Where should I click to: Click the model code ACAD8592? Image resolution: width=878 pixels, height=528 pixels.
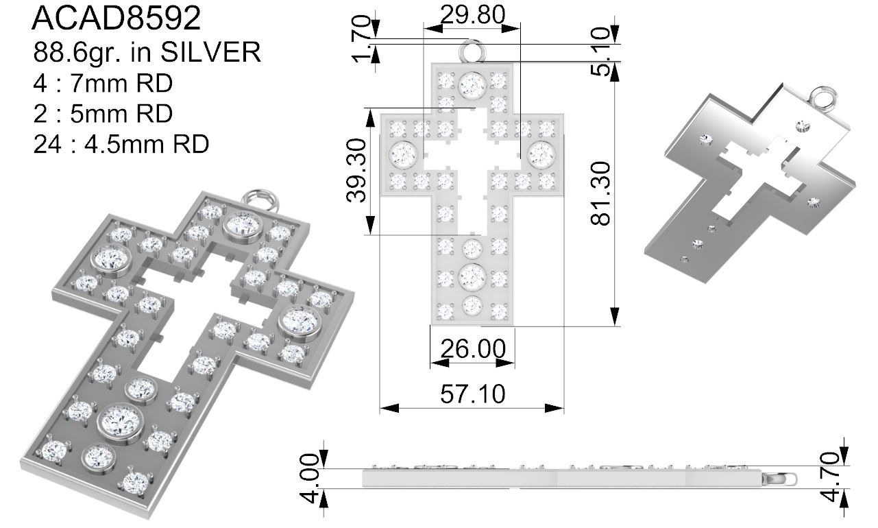point(117,18)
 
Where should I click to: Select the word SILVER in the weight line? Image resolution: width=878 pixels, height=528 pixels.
point(211,52)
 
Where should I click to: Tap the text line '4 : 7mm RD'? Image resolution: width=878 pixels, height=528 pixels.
point(103,83)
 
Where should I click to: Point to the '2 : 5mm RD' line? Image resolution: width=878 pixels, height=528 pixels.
point(103,113)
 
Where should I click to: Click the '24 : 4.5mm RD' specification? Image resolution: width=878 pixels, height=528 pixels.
point(121,145)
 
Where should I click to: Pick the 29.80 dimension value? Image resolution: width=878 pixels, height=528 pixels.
point(473,15)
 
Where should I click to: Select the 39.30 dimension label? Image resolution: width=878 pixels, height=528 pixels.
point(356,170)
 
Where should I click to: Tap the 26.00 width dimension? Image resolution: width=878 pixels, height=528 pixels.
point(473,348)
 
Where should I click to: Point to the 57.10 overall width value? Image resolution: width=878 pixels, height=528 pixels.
point(473,394)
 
